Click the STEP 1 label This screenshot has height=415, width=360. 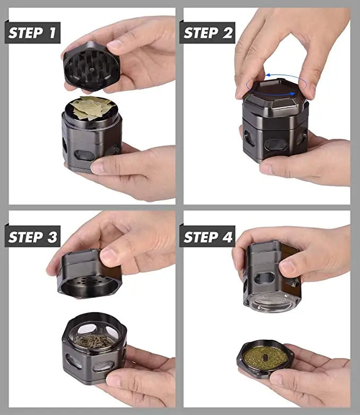(32, 33)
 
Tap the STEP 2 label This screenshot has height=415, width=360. (207, 33)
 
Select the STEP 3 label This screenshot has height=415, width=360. (32, 236)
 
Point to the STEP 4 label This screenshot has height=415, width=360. (207, 236)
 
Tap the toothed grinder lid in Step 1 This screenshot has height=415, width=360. (91, 67)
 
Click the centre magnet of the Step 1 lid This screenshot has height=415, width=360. (92, 70)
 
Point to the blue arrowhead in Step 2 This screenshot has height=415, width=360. (293, 93)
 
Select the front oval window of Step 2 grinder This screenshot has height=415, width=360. (276, 145)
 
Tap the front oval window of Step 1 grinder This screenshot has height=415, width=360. (85, 155)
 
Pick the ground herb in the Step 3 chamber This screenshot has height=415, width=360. (93, 341)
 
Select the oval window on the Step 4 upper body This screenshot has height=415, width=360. (265, 278)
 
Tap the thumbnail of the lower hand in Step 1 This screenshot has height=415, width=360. (96, 167)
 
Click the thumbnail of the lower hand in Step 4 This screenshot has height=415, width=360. (276, 379)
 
